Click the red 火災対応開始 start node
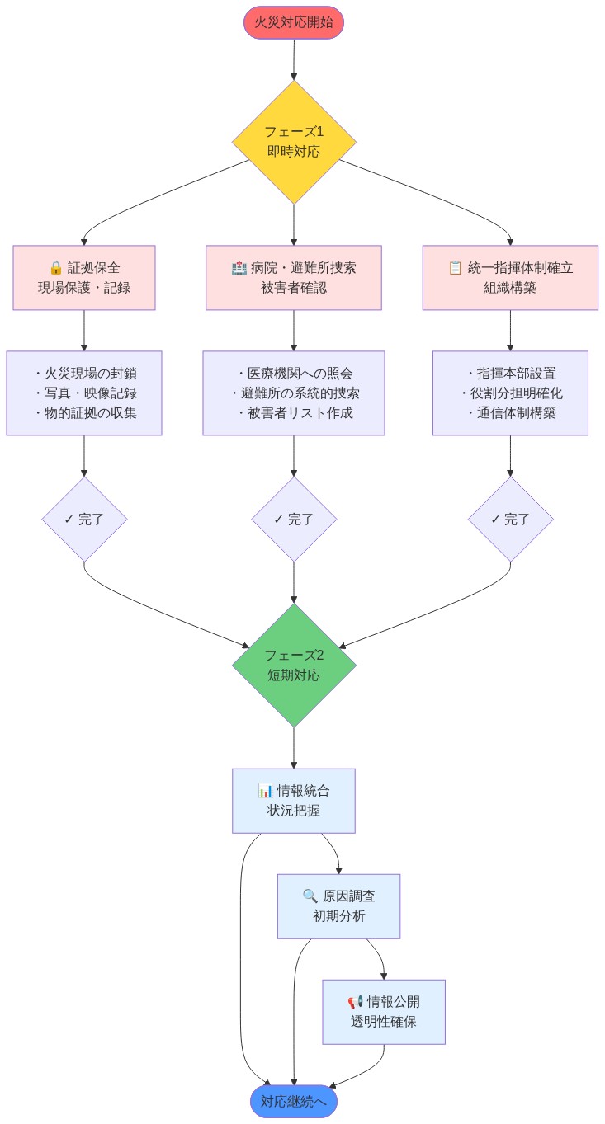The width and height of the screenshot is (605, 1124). (x=293, y=22)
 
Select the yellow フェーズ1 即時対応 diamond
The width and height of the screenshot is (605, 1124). (x=293, y=142)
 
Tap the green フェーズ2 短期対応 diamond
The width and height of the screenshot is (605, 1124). (x=293, y=665)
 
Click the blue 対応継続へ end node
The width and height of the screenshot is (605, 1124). (x=293, y=1101)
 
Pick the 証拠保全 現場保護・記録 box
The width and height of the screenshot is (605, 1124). (x=84, y=278)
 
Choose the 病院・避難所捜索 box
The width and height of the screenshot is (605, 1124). (x=293, y=278)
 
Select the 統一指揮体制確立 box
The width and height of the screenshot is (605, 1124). (x=510, y=278)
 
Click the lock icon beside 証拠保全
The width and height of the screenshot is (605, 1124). (x=56, y=268)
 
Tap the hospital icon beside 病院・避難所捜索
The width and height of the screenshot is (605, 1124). (x=239, y=268)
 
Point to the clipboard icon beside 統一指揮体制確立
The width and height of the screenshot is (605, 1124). (x=455, y=268)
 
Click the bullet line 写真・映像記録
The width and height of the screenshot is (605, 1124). (x=84, y=393)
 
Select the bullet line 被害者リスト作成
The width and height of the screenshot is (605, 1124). (x=293, y=413)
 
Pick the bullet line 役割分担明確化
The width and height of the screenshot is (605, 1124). (x=510, y=393)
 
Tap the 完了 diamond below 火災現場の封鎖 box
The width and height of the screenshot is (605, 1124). (x=84, y=520)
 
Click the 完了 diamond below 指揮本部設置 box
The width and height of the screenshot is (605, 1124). (x=510, y=520)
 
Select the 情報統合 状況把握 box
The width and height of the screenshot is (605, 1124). (x=293, y=801)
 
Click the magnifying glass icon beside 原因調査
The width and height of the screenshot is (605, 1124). (x=310, y=896)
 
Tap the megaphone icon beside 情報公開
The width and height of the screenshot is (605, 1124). (x=355, y=1002)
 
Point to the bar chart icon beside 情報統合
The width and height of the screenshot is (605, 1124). (x=265, y=791)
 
